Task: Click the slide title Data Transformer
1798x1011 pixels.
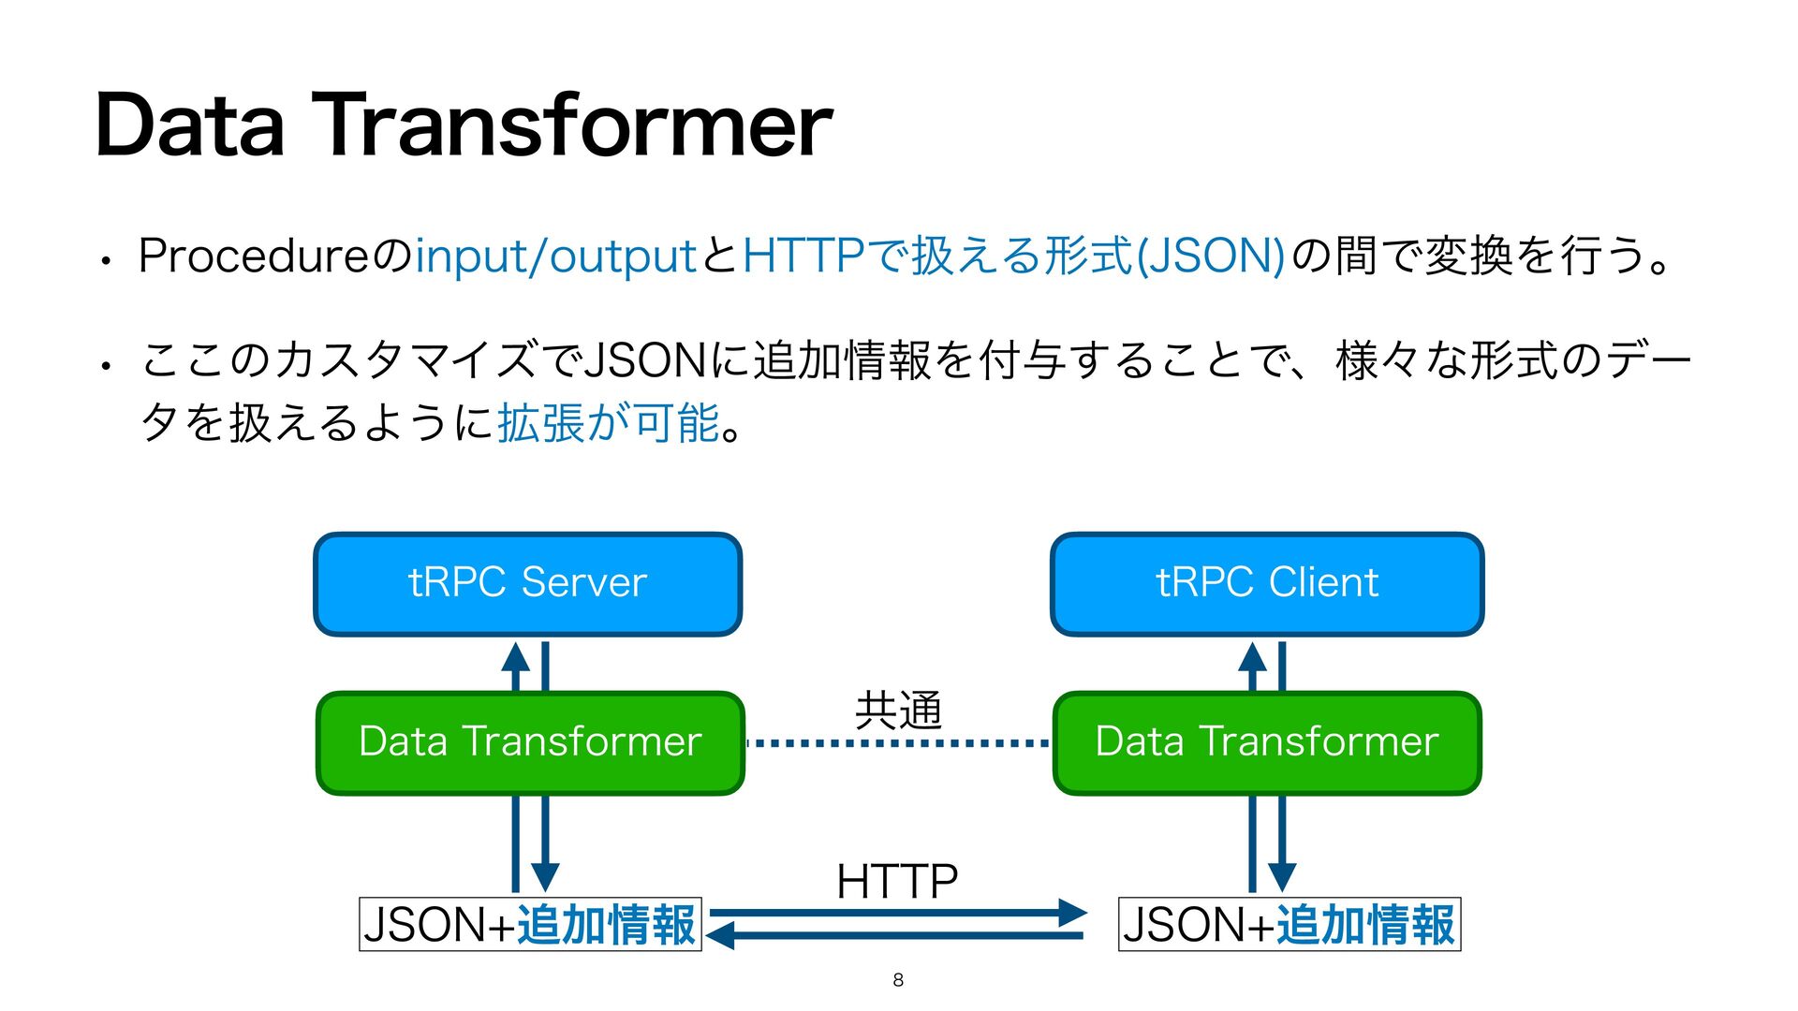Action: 464,125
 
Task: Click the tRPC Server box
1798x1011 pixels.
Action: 527,584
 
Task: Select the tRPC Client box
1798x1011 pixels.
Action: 1267,584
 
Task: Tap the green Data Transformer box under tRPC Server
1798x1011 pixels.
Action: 530,742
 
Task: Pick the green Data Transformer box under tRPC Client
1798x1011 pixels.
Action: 1267,742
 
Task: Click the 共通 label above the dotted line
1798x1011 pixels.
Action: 898,711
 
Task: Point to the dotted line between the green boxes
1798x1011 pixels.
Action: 898,743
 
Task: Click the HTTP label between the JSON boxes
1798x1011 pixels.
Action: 897,881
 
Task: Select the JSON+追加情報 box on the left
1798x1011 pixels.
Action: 530,925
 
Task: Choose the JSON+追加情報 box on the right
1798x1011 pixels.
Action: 1290,925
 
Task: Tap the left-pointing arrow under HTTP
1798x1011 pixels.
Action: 722,935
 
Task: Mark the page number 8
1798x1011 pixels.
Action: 898,980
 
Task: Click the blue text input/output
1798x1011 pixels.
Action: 555,256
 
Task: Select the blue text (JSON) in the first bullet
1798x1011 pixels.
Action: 1209,256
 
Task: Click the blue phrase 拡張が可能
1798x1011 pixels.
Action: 608,423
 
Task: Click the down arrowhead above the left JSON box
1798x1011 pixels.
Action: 545,877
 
